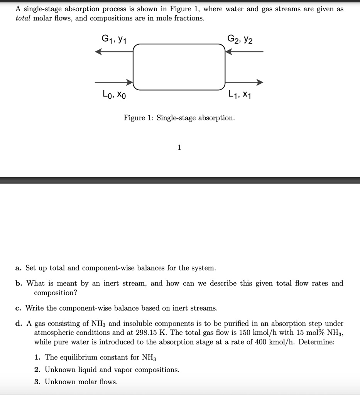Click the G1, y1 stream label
tap(115, 39)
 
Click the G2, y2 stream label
tap(240, 39)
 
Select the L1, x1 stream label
tap(239, 94)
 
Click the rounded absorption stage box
tap(179, 67)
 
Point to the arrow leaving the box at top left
tap(114, 52)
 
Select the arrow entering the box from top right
tap(244, 52)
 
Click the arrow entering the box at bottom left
tap(114, 82)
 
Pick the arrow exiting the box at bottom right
tap(244, 82)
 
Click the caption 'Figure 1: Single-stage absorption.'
tap(179, 118)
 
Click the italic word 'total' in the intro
tap(23, 18)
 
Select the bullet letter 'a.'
tap(19, 268)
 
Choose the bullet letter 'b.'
tap(19, 283)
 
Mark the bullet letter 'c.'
tap(19, 308)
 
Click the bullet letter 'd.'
tap(19, 323)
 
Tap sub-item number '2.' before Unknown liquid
tap(37, 370)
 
